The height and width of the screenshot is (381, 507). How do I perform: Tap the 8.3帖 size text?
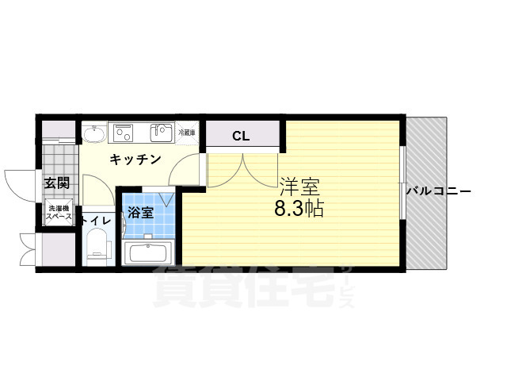pos(299,210)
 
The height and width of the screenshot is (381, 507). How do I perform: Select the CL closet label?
pos(241,136)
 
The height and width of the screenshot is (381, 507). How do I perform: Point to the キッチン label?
pos(135,159)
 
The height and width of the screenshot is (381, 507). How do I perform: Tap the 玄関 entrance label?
pos(56,183)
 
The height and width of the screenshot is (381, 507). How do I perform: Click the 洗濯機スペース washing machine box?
pos(58,212)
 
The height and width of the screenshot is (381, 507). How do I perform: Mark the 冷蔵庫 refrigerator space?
pos(188,132)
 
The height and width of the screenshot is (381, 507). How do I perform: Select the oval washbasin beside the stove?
pos(94,133)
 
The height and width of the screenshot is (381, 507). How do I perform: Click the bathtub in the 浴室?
pos(148,253)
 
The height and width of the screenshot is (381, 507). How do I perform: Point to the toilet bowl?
pos(97,244)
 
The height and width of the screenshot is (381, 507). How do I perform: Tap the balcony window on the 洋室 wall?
pos(403,190)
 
